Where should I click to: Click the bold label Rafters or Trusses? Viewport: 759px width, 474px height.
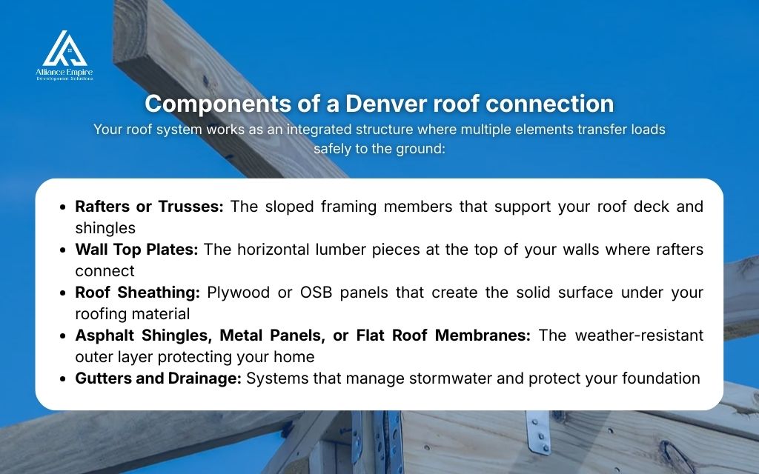pyautogui.click(x=149, y=207)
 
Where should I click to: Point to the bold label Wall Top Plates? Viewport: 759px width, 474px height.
pyautogui.click(x=136, y=250)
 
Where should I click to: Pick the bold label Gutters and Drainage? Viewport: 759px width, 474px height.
pyautogui.click(x=158, y=378)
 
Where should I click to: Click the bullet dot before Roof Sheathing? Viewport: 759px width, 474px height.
pyautogui.click(x=64, y=293)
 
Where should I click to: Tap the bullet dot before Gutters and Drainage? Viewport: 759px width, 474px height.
pyautogui.click(x=64, y=378)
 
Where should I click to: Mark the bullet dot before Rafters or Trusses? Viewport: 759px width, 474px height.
pyautogui.click(x=64, y=207)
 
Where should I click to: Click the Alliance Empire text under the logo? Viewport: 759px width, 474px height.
pyautogui.click(x=64, y=71)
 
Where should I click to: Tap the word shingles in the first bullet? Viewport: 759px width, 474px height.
pyautogui.click(x=105, y=228)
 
